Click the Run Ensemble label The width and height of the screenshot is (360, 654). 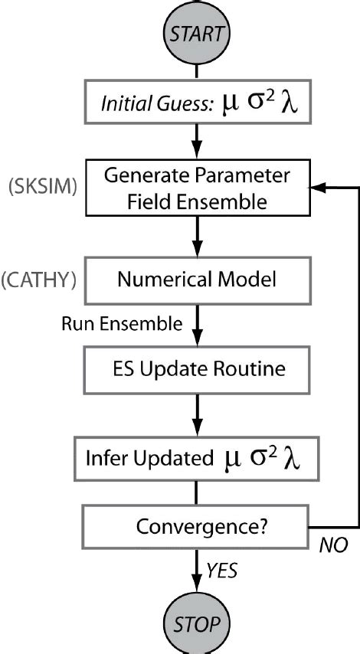click(121, 324)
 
